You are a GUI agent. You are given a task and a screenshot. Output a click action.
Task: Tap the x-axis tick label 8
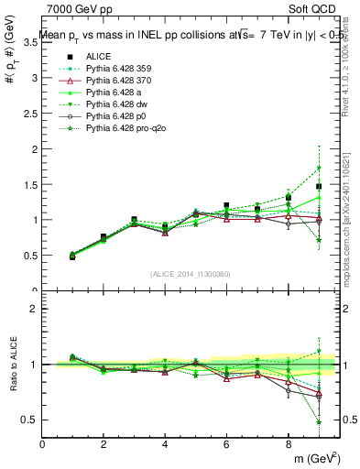288,444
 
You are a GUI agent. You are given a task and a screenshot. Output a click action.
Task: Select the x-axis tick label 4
165,444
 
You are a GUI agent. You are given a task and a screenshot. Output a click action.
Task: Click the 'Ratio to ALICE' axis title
12,364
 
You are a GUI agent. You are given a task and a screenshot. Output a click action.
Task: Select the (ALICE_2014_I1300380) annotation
191,274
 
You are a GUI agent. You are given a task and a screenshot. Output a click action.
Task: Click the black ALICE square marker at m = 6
226,206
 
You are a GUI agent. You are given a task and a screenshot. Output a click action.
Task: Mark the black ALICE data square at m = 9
319,187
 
